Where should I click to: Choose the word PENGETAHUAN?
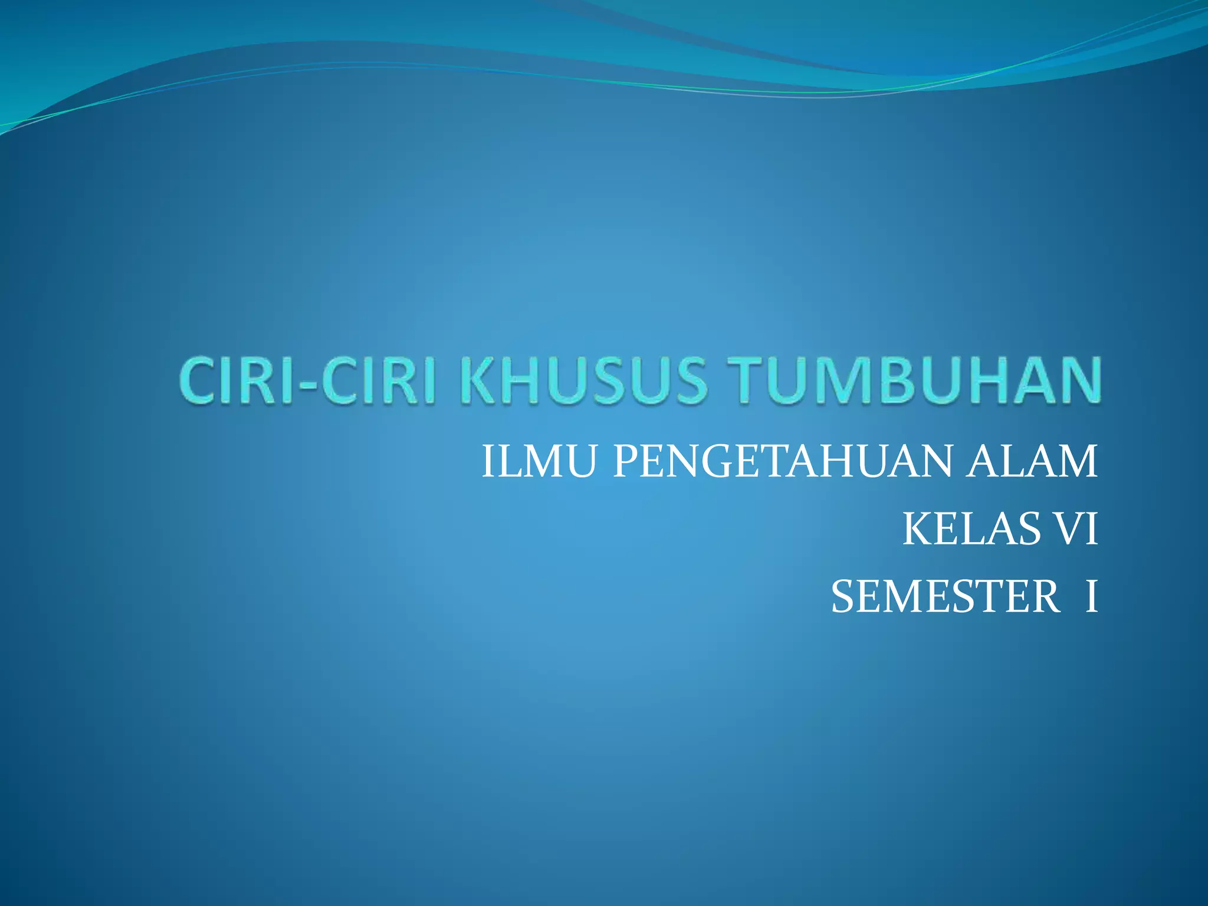(782, 461)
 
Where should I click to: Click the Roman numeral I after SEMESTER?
(1091, 597)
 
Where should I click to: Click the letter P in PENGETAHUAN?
(625, 461)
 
